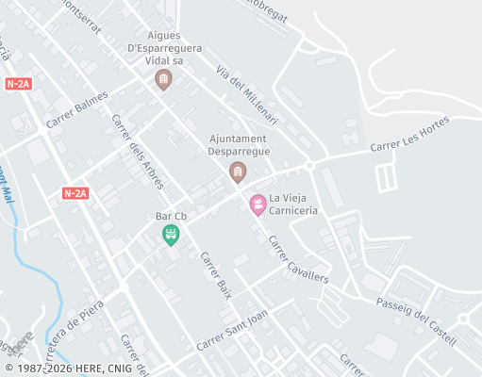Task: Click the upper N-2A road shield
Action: (18, 84)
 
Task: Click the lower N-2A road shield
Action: (75, 193)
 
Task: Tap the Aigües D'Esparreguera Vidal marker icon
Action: (163, 80)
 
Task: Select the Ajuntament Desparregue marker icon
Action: (238, 171)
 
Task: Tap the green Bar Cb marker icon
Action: (171, 235)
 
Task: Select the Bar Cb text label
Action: (171, 217)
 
